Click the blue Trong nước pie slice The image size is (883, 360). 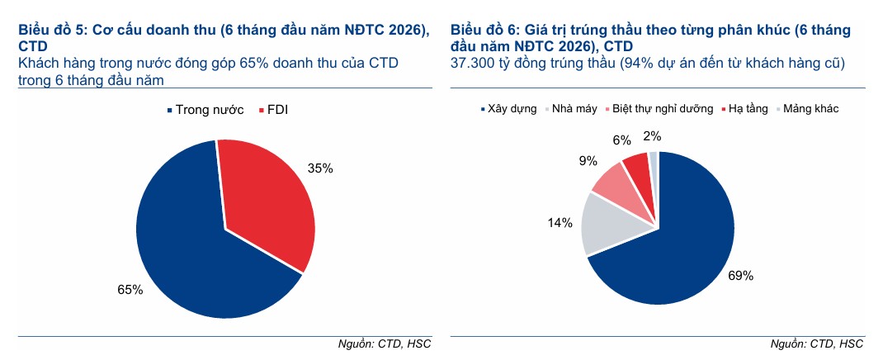tap(190, 248)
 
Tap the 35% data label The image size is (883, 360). tap(320, 168)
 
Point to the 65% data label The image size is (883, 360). tap(130, 290)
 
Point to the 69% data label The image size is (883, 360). tap(740, 277)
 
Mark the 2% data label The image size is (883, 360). tap(652, 135)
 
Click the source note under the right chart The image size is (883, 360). tap(816, 343)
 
